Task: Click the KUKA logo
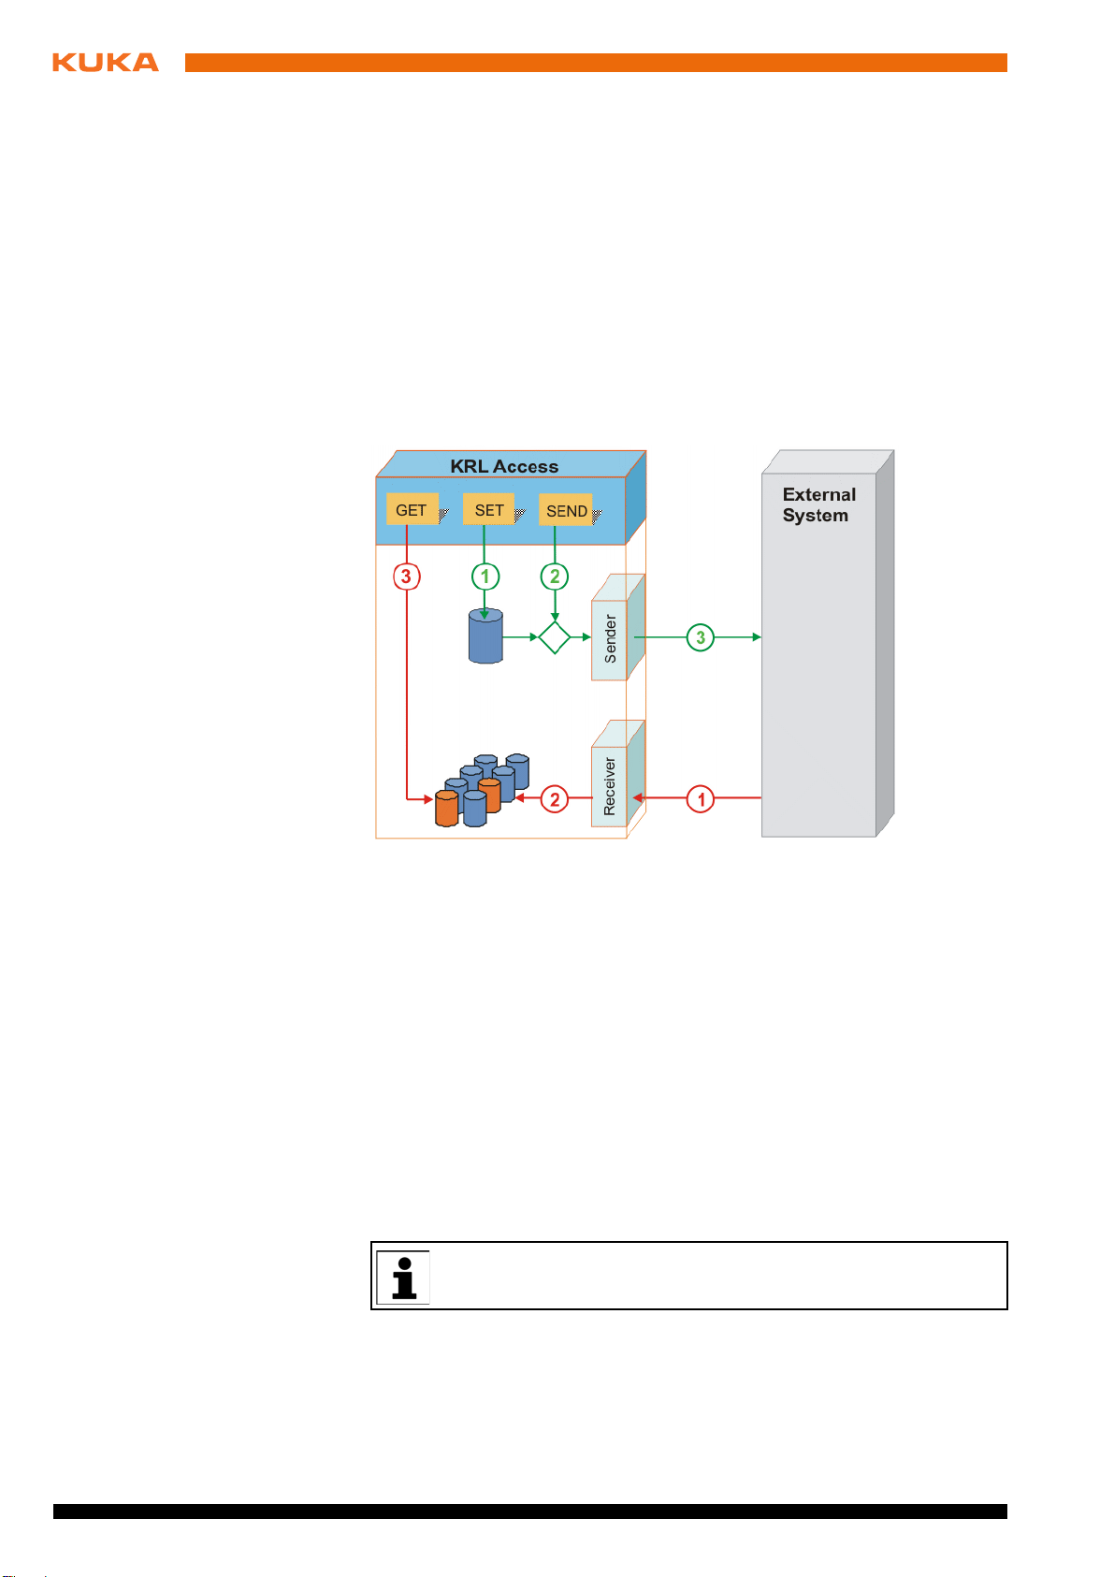pos(106,62)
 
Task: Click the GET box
pos(412,509)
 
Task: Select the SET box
pos(488,509)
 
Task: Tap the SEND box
pos(566,510)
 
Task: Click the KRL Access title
pos(504,466)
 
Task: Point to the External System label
pos(818,504)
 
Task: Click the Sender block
pos(618,627)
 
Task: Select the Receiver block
pos(618,773)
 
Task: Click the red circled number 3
pos(406,577)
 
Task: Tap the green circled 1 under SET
pos(485,577)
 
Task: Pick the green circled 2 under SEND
pos(555,577)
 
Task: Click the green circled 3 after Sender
pos(701,638)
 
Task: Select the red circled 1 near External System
pos(701,799)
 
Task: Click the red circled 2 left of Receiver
pos(555,799)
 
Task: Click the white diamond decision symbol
pos(555,637)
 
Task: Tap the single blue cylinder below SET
pos(485,635)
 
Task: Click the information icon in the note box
pos(403,1278)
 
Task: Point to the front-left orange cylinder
pos(446,809)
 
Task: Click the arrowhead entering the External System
pos(757,637)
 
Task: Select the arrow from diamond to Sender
pos(581,637)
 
